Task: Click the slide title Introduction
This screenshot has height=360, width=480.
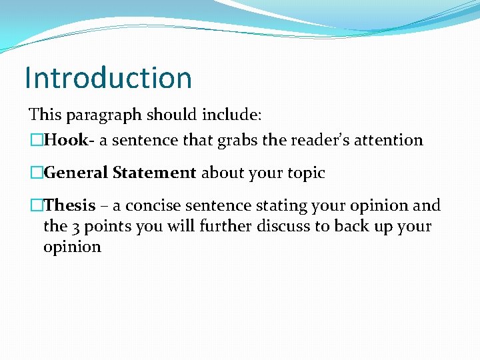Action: [108, 77]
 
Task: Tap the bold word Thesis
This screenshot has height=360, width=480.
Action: [69, 205]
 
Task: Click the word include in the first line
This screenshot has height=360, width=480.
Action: [235, 114]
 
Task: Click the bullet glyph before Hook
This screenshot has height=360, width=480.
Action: [35, 140]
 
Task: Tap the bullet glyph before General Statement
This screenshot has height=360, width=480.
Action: [35, 173]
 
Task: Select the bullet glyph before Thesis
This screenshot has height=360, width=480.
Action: [35, 205]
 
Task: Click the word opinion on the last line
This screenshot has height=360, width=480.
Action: [72, 247]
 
